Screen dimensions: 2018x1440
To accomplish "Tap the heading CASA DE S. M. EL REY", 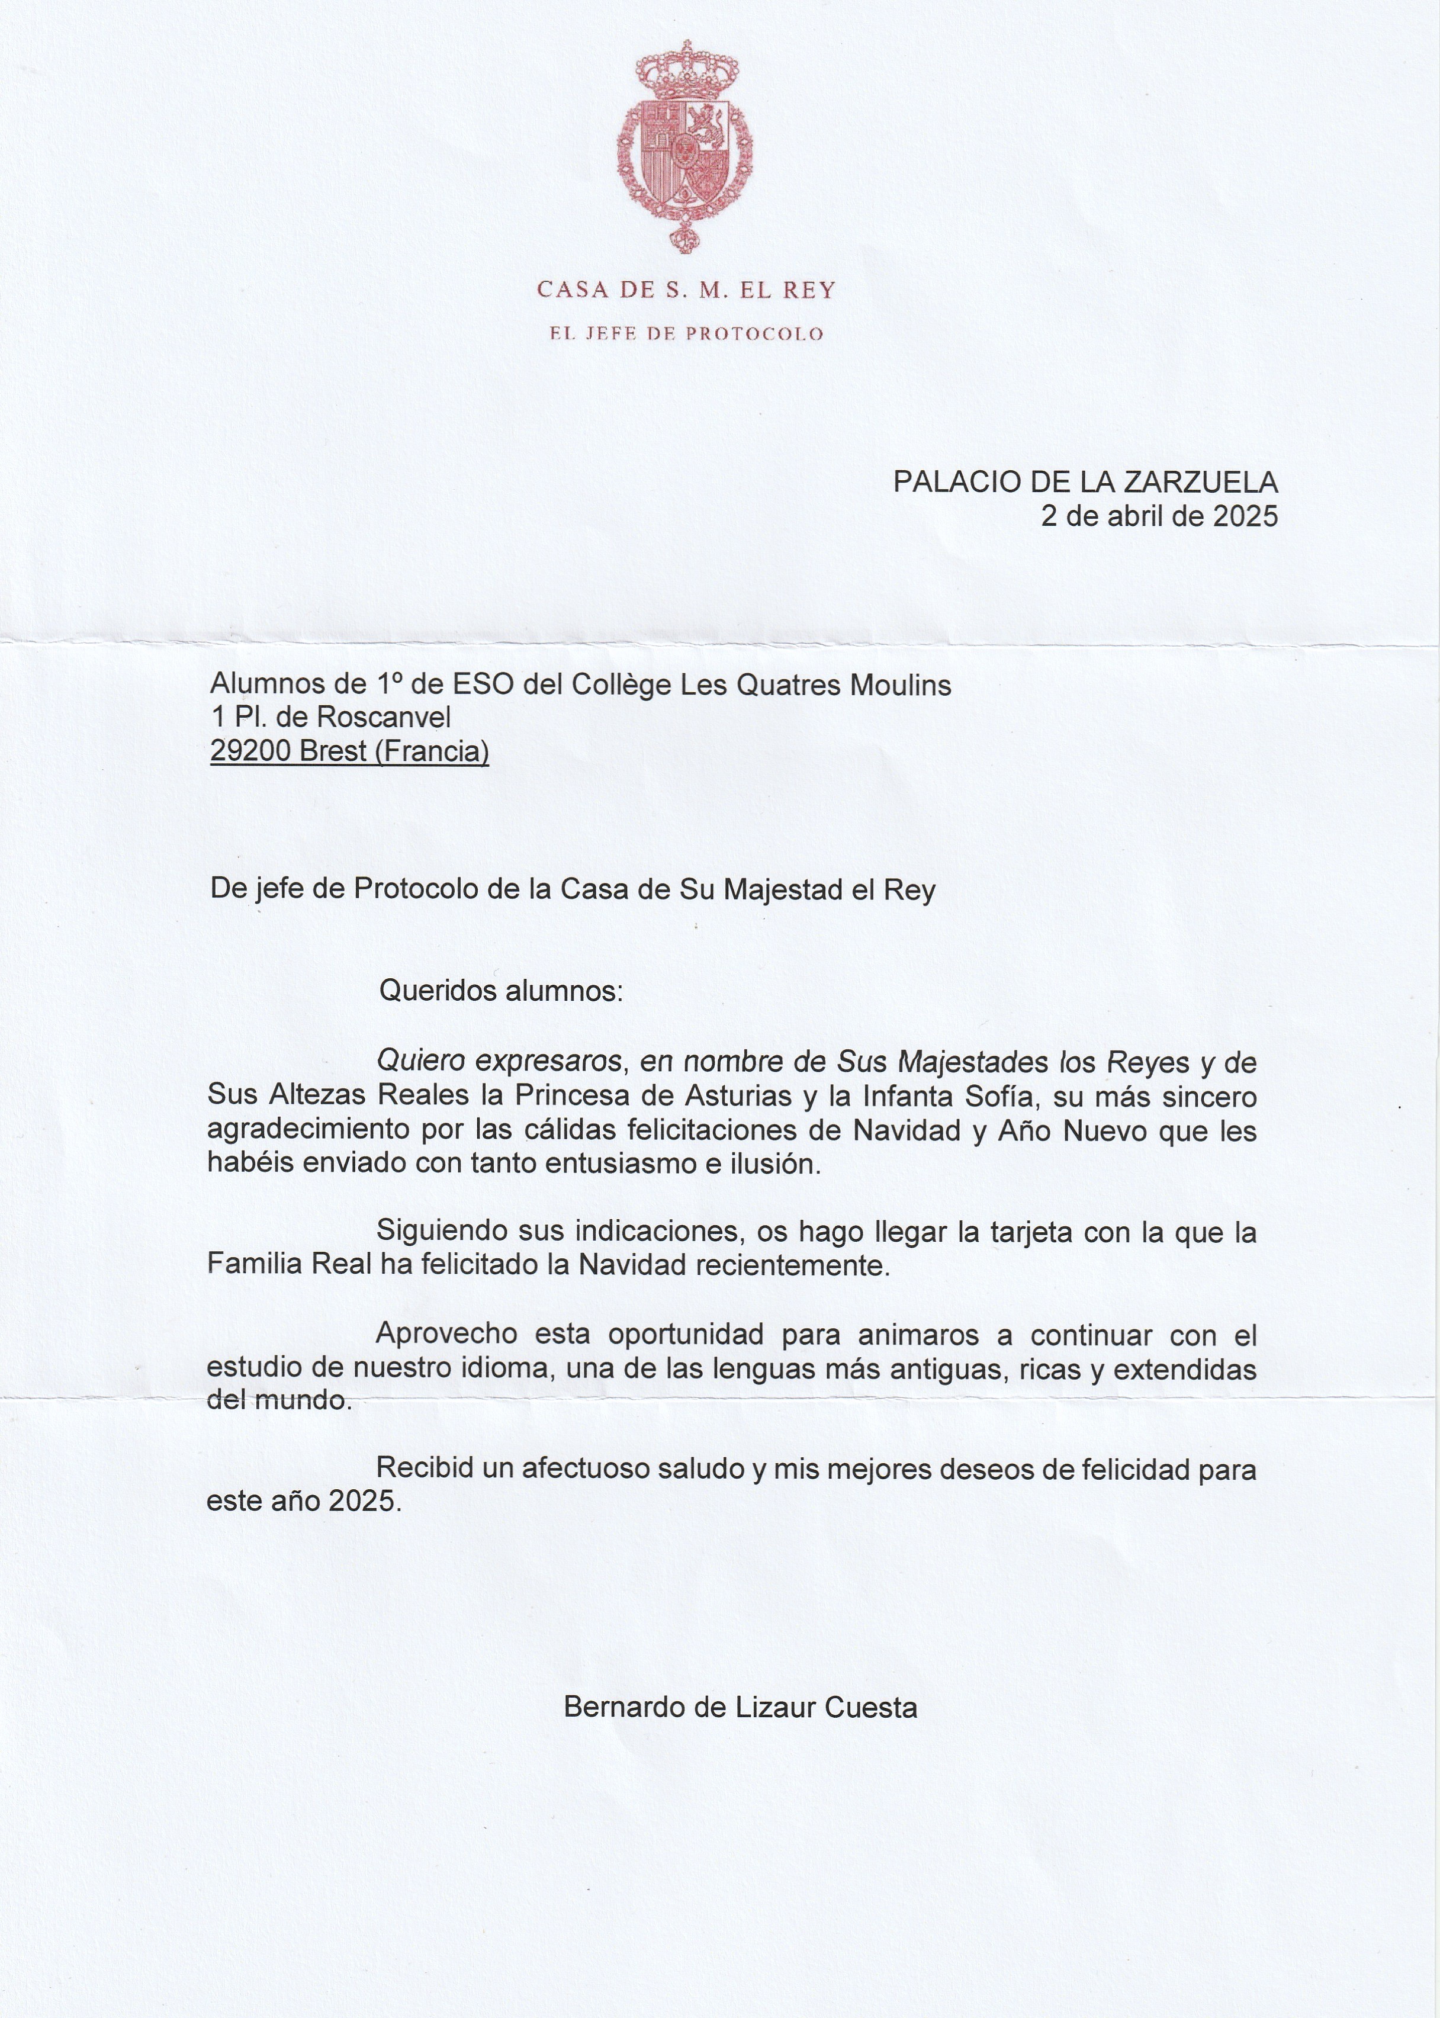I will pyautogui.click(x=686, y=290).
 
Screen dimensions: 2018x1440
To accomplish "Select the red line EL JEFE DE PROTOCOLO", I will pyautogui.click(x=686, y=335).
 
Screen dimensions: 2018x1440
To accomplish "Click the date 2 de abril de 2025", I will pyautogui.click(x=1159, y=516).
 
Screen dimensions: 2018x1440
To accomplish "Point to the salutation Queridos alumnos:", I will pyautogui.click(x=501, y=991).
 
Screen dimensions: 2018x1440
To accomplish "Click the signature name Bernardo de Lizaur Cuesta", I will pyautogui.click(x=740, y=1708).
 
